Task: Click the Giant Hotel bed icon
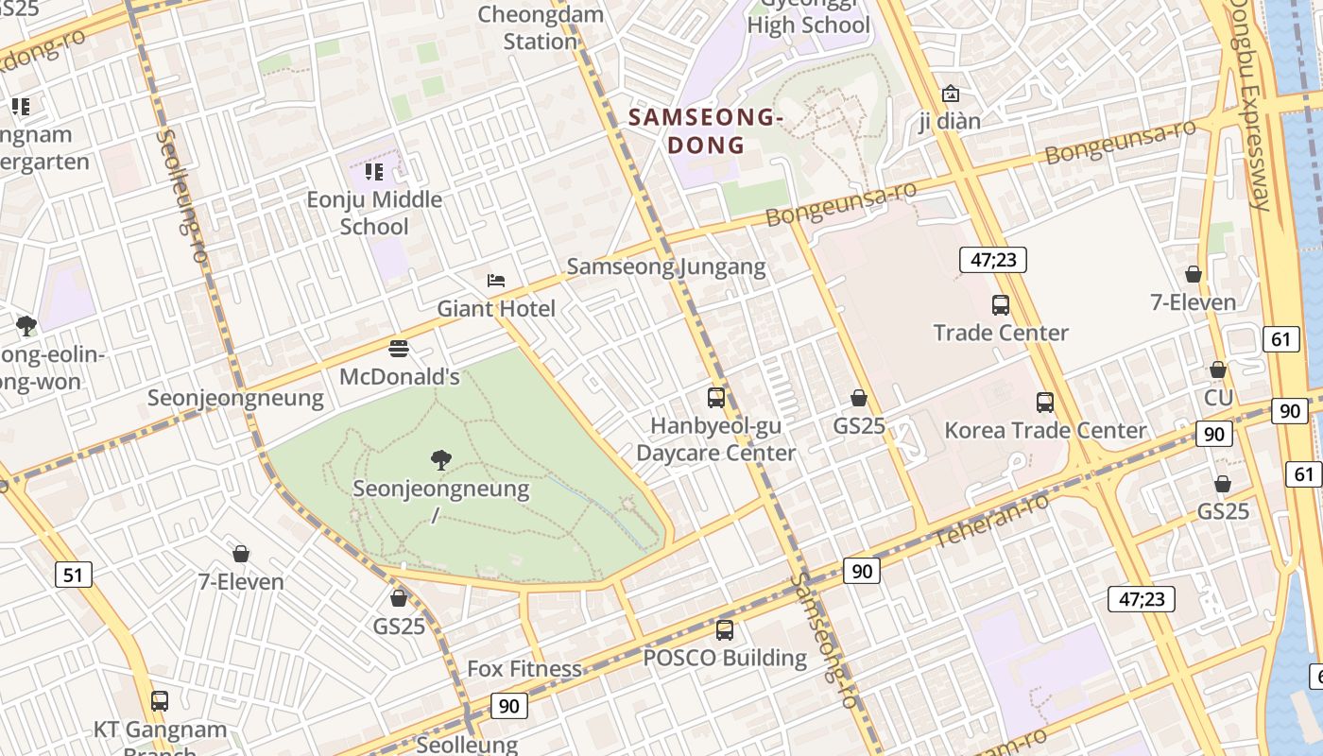[496, 281]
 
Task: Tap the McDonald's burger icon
[399, 349]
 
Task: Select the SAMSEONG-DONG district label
[706, 131]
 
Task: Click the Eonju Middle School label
[375, 213]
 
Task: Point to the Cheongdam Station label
[541, 27]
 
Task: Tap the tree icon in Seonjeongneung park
[440, 460]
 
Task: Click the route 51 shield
[74, 574]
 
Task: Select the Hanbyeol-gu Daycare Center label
[715, 439]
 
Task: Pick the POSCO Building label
[725, 658]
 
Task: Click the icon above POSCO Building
[725, 629]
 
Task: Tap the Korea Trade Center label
[1045, 431]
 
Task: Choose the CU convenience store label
[1218, 397]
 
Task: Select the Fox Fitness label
[524, 669]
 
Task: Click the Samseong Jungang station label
[666, 266]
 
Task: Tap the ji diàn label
[950, 121]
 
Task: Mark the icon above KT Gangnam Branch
[160, 701]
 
